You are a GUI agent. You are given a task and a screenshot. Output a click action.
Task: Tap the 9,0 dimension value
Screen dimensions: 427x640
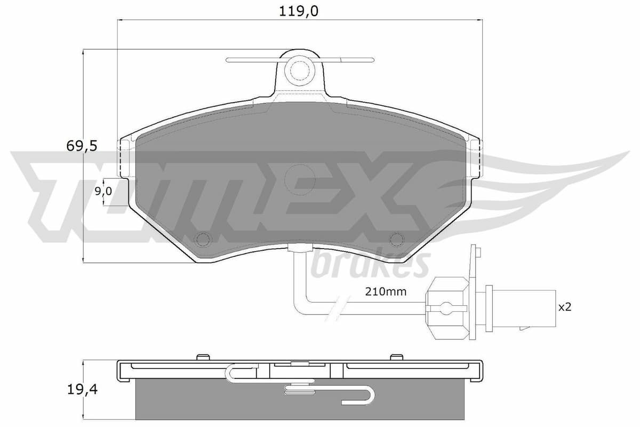click(x=103, y=192)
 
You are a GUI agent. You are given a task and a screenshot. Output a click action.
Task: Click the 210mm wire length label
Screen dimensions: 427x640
click(x=386, y=291)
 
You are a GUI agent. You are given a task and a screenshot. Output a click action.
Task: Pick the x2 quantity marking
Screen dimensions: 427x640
click(x=564, y=307)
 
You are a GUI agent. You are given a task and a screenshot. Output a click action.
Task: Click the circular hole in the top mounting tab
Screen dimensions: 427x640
click(x=299, y=69)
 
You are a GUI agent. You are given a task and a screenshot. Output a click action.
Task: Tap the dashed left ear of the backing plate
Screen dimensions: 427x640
click(x=125, y=158)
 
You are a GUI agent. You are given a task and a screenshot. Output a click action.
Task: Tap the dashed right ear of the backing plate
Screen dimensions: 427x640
click(x=475, y=158)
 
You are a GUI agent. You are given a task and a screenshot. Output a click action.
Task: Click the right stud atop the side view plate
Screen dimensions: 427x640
click(x=396, y=357)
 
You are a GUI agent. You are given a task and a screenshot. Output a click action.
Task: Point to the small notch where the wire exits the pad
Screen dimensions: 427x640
click(x=299, y=247)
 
